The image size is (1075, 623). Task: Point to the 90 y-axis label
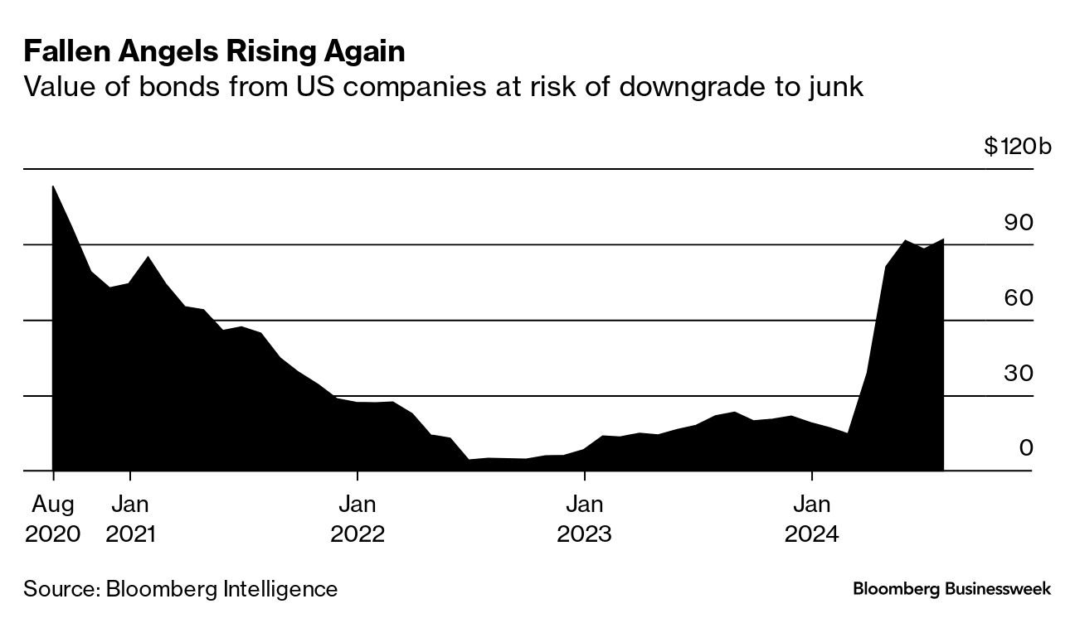coord(1019,223)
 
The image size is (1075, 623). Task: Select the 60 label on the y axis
coord(1019,297)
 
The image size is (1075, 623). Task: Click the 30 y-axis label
coord(1019,373)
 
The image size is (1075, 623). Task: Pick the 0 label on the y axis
coord(1026,448)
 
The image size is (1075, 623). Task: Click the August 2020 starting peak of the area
coord(53,186)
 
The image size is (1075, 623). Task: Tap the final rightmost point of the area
coord(943,239)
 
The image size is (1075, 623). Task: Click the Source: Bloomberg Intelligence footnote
coord(181,589)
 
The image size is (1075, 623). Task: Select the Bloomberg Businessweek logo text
coord(952,589)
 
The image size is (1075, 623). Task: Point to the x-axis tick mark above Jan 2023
coord(585,476)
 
